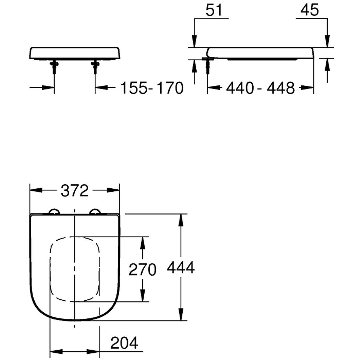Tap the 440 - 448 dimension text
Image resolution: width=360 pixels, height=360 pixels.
pos(260,88)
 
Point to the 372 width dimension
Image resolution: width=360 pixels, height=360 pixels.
pos(75,191)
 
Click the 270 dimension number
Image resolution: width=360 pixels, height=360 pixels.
pos(142,270)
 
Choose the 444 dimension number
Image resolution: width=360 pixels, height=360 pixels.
pos(181,267)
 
